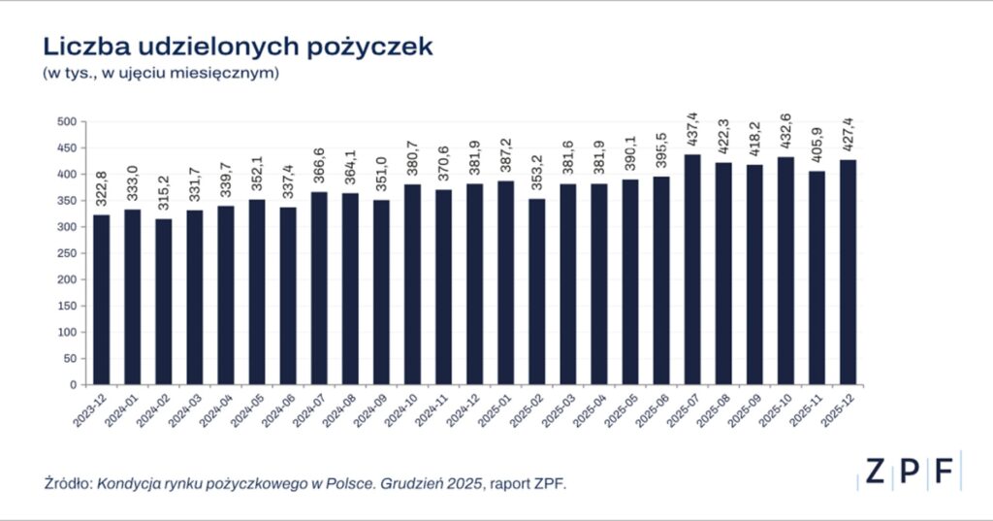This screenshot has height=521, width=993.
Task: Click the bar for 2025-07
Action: tap(692, 269)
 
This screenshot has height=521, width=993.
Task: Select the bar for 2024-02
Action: tap(164, 301)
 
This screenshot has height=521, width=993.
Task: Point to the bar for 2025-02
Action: tap(537, 291)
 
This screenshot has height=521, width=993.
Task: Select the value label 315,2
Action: tap(164, 192)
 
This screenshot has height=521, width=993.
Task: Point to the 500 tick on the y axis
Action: tap(67, 121)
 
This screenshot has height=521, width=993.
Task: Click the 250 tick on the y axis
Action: tap(67, 253)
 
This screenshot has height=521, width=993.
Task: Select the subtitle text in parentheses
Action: tap(160, 74)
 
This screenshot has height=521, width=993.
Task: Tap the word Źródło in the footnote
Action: tap(67, 481)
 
